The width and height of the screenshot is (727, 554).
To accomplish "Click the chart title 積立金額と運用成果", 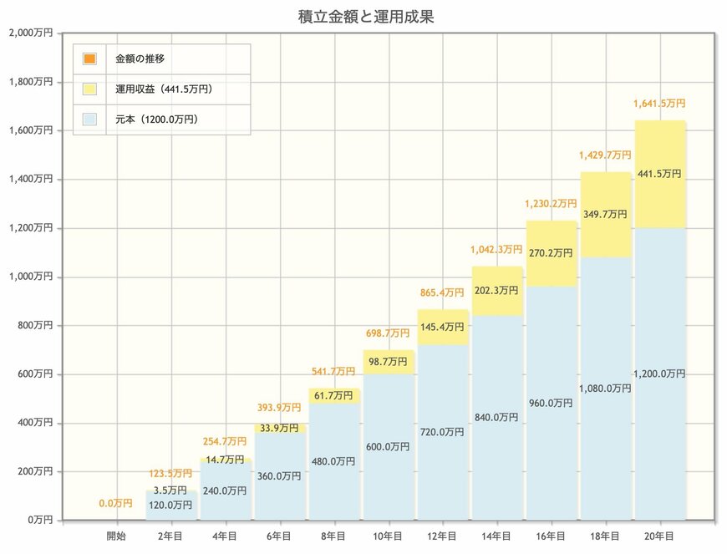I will pos(365,15).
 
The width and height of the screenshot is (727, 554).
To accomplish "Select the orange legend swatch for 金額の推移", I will pos(89,58).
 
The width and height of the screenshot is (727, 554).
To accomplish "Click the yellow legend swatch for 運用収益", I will pos(89,89).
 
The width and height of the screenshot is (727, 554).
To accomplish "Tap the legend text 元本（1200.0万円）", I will pos(157,119).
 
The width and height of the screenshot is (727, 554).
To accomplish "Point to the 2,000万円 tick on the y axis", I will pos(30,33).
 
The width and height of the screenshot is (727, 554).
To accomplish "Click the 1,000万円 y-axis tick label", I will pos(30,277).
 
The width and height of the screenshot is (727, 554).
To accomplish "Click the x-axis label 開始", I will pos(116,536).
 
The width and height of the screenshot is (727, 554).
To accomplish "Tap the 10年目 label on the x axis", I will pos(388,536).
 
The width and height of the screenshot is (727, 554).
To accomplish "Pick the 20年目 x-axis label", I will pos(659,536).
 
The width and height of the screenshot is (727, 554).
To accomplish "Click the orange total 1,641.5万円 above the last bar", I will pos(659,104).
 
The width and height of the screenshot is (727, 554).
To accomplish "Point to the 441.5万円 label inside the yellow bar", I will pos(659,174).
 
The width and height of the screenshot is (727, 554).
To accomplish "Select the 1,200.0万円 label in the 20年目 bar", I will pos(659,374).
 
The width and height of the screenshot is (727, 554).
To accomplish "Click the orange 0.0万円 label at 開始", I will pos(116,503).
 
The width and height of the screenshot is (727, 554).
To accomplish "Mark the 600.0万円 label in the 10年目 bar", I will pos(388,447).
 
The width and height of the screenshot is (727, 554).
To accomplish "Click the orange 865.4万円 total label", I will pos(442,293).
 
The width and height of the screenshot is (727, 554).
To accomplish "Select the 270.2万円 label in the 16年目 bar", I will pos(551,252).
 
